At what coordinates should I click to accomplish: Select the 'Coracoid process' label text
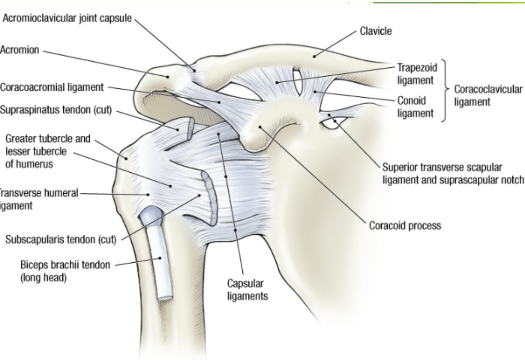point(404,225)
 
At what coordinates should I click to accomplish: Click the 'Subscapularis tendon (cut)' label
point(61,240)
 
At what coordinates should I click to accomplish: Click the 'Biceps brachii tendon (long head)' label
point(65,271)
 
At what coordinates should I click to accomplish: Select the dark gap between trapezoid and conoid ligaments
point(298,82)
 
